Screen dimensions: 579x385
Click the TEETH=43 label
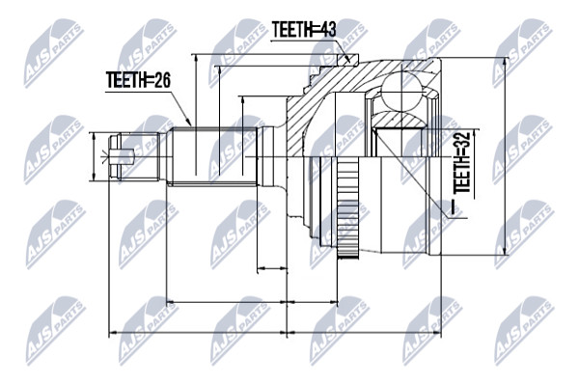click(304, 30)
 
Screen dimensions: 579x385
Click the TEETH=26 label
click(138, 80)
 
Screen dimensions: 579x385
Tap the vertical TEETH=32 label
click(462, 162)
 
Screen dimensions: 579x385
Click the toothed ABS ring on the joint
click(347, 206)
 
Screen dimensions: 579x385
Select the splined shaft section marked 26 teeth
click(215, 155)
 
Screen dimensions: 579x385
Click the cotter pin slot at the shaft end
click(122, 156)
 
